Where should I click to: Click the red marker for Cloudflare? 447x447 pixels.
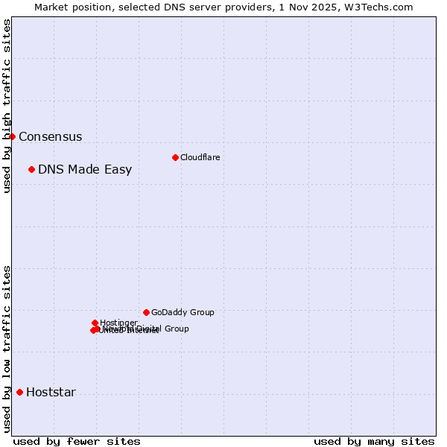(x=175, y=157)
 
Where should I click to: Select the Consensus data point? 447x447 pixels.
(x=12, y=136)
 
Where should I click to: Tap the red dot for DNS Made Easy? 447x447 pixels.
(x=31, y=169)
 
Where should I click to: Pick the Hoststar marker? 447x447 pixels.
(x=19, y=392)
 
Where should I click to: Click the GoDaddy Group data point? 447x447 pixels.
(x=146, y=312)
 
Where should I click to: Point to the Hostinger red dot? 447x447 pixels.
(x=95, y=323)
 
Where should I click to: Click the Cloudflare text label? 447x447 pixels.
(x=200, y=157)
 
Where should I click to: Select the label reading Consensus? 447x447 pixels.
(x=50, y=137)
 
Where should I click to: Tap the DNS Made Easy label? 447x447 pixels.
(x=85, y=170)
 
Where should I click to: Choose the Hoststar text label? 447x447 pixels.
(x=51, y=393)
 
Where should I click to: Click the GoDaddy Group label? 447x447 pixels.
(x=183, y=313)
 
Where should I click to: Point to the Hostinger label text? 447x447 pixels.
(x=118, y=323)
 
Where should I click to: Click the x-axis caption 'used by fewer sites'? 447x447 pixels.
(x=77, y=441)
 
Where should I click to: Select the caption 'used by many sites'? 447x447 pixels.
(x=374, y=441)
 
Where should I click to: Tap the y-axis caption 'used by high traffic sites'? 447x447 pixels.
(x=7, y=106)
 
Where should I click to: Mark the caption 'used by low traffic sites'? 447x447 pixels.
(x=7, y=348)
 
